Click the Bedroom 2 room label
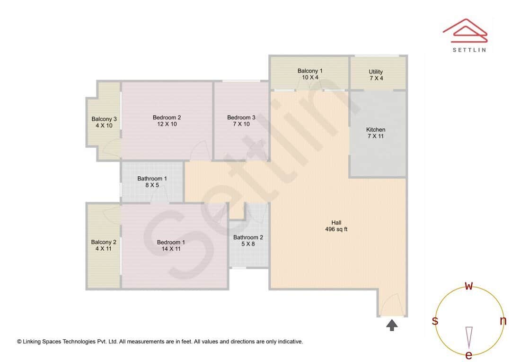pyautogui.click(x=167, y=121)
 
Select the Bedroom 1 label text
pyautogui.click(x=171, y=245)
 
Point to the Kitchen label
pyautogui.click(x=376, y=133)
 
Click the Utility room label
pyautogui.click(x=376, y=75)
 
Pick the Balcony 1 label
pyautogui.click(x=310, y=74)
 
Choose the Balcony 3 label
pyautogui.click(x=104, y=122)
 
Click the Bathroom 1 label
pyautogui.click(x=152, y=182)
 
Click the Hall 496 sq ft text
pyautogui.click(x=336, y=226)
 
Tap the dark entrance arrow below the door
pyautogui.click(x=392, y=325)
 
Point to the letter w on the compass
pyautogui.click(x=469, y=285)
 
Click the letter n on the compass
pyautogui.click(x=503, y=321)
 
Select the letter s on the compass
pyautogui.click(x=435, y=321)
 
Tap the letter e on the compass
pyautogui.click(x=469, y=355)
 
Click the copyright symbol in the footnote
pyautogui.click(x=19, y=341)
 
